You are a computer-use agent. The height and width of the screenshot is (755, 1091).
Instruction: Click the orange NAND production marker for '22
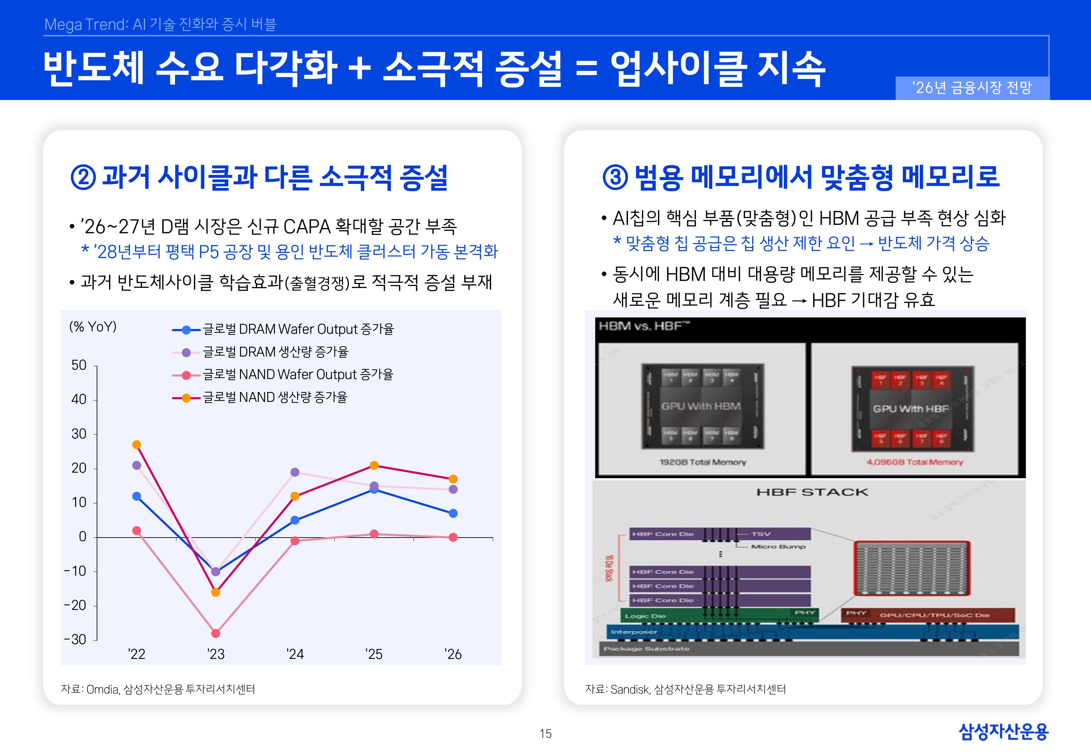pos(137,445)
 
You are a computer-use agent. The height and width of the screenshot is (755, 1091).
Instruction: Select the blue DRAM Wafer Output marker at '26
pos(453,513)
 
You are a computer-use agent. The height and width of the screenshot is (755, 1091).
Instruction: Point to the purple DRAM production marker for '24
pos(295,472)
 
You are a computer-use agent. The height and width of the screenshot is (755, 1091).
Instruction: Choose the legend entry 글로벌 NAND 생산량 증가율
pos(274,397)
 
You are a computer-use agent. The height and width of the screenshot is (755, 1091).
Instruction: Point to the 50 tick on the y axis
pos(79,365)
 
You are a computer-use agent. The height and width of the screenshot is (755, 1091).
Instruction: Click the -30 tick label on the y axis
pos(75,640)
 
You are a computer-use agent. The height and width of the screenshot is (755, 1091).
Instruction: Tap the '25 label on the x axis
pos(374,654)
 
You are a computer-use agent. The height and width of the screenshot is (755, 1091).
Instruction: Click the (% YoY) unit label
pos(93,327)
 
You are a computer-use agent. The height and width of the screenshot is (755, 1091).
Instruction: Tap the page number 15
pos(545,734)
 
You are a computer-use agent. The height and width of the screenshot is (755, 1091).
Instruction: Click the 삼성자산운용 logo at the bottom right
pos(1003,732)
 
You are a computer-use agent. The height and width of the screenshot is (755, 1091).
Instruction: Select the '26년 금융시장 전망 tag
pos(972,88)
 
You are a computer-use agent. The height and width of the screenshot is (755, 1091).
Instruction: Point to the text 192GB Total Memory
pos(703,462)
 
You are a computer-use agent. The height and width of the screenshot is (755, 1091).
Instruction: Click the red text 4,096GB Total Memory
pos(914,462)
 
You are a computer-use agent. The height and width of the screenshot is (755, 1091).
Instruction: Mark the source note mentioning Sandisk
pos(685,690)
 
